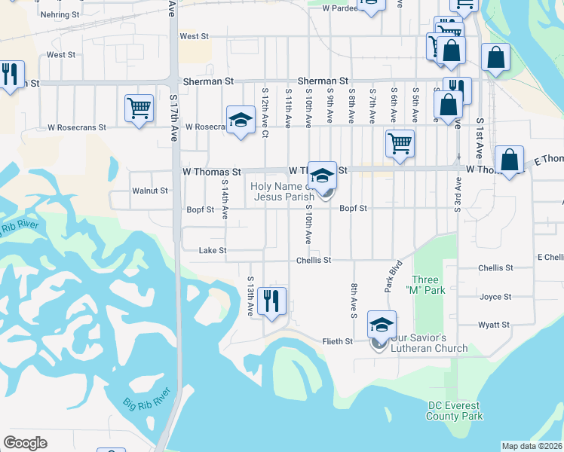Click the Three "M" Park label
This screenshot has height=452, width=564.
pos(425,285)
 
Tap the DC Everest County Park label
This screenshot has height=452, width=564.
pos(455,411)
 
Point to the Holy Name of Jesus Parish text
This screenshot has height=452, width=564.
pos(283,191)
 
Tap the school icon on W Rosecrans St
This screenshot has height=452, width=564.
pos(241,120)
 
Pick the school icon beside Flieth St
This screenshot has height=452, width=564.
pos(382,325)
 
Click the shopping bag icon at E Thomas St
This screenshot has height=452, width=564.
pos(510,160)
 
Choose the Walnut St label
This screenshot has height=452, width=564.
pos(149,191)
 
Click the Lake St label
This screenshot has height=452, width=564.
pos(212,250)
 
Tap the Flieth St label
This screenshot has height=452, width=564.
pos(339,341)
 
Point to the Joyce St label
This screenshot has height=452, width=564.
pos(495,297)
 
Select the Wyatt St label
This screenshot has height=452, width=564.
pos(494,325)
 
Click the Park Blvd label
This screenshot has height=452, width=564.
pos(393,276)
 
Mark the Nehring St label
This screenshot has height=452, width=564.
pos(61,14)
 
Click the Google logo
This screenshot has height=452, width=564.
pos(25,442)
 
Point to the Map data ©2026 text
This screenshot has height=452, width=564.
pos(532,446)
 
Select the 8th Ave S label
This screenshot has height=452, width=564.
pos(353,299)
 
